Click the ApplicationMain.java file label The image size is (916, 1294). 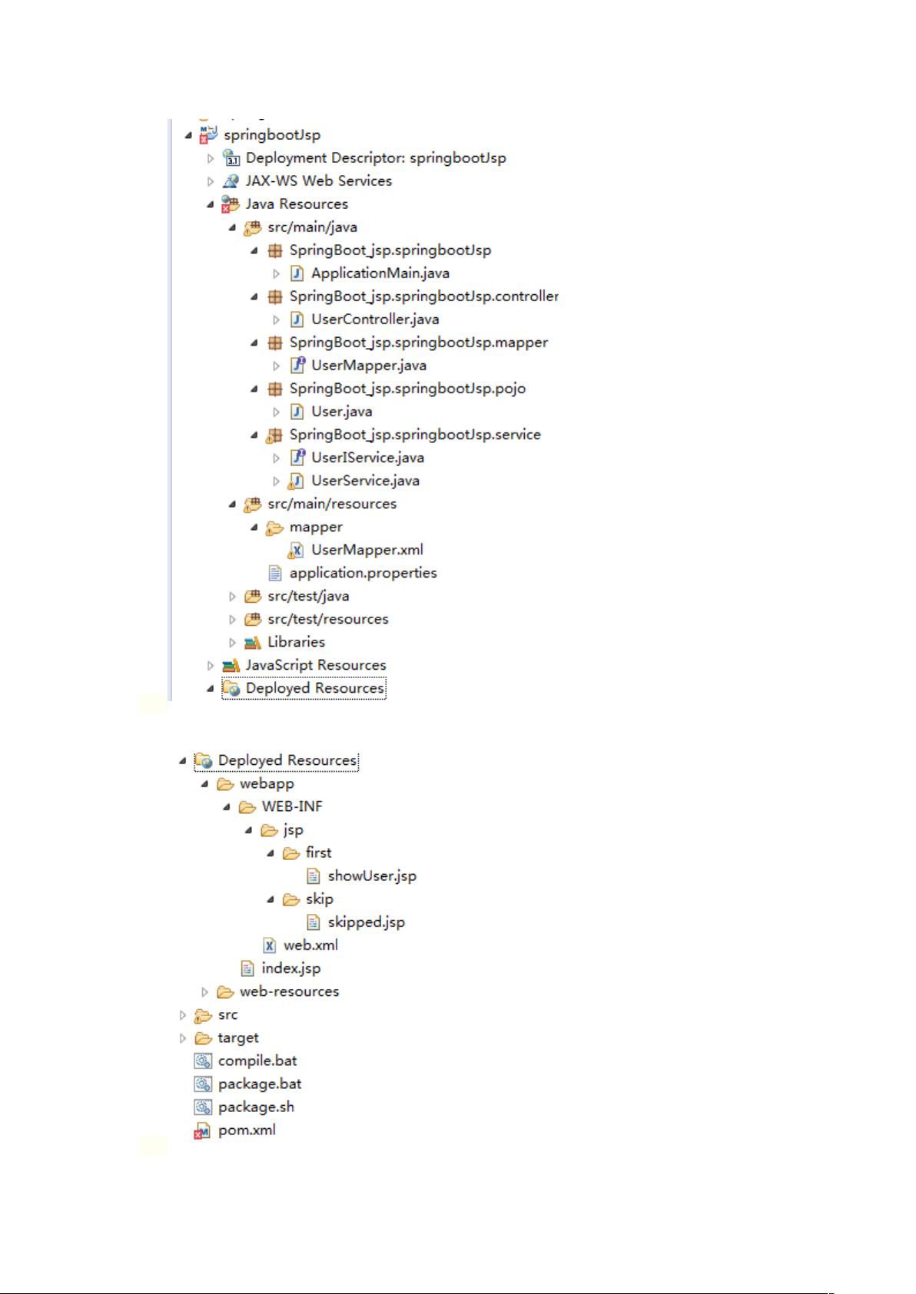pos(380,273)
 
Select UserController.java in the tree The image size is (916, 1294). pos(375,319)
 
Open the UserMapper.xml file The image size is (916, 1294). pos(367,550)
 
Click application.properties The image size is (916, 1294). pos(363,573)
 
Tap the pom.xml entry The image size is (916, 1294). pos(247,1130)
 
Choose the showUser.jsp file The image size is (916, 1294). pos(372,876)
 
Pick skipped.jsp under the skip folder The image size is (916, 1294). pos(366,922)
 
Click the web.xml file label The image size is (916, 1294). pos(310,945)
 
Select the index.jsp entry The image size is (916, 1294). pos(290,968)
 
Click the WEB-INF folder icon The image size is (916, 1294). pos(247,807)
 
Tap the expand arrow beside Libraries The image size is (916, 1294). pos(232,642)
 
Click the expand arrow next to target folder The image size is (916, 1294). pos(183,1038)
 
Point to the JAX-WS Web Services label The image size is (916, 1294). pos(318,180)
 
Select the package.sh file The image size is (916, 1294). pos(256,1107)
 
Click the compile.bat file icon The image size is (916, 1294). pos(203,1061)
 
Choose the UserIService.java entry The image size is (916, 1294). pos(367,458)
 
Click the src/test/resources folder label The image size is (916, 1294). pos(327,619)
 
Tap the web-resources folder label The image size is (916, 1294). pos(289,991)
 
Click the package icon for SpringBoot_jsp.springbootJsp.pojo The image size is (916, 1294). pos(275,389)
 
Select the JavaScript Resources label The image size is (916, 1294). pos(316,666)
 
